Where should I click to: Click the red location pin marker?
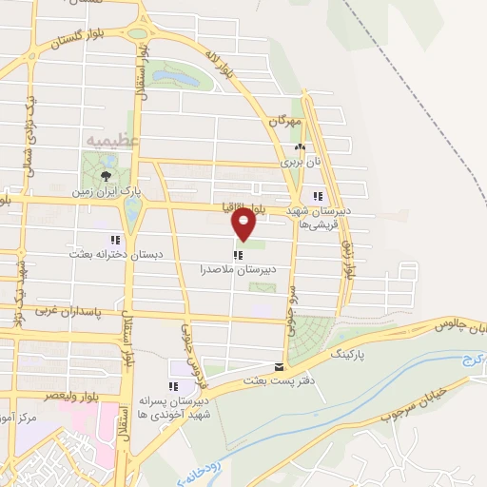[x=244, y=224]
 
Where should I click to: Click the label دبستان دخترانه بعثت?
[x=104, y=254]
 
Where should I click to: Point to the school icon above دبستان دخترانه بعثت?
[x=115, y=241]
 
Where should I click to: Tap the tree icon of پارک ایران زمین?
[x=106, y=176]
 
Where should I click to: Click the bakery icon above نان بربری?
[x=301, y=147]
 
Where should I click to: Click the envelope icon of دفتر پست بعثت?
[x=279, y=366]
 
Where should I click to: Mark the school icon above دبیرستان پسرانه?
[x=173, y=386]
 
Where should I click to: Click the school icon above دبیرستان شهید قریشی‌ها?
[x=331, y=196]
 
